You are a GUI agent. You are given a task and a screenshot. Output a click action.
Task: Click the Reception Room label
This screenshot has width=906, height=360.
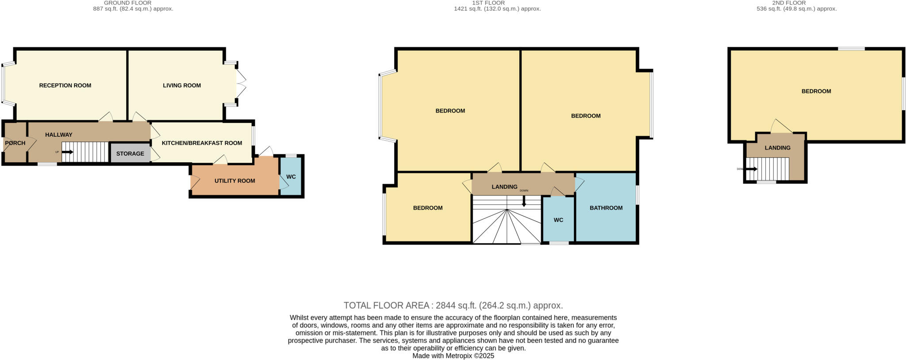[65, 85]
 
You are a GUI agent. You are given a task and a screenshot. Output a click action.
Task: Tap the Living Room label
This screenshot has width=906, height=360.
[181, 85]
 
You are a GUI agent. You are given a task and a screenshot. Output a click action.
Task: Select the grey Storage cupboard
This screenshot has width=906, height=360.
[130, 153]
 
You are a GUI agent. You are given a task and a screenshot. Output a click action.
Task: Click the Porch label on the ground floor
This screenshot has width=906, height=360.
[15, 143]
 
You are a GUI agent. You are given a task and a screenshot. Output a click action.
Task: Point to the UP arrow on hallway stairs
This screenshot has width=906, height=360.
[67, 152]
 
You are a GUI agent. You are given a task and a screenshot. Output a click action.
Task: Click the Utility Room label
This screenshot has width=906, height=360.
[234, 180]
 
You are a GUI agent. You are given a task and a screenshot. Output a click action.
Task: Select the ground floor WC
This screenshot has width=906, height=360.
[291, 176]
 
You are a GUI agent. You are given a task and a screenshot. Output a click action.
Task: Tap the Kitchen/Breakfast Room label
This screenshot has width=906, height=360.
[202, 143]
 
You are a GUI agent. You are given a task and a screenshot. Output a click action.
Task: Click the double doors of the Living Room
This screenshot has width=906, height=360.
[241, 84]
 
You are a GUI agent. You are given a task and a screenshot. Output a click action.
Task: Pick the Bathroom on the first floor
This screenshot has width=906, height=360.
[606, 208]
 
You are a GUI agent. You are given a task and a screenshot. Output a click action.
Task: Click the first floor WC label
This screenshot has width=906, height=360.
[558, 220]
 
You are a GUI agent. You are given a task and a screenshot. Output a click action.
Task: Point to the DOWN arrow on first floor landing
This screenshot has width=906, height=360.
[524, 202]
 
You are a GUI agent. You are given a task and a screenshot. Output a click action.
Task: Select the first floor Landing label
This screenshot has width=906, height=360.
[504, 187]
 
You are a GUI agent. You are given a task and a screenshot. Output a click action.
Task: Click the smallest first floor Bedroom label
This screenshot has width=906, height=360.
[427, 208]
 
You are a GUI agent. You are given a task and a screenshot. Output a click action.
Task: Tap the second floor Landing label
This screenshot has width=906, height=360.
[777, 148]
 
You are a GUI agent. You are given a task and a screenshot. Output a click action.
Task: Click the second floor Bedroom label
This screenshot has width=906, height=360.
[816, 91]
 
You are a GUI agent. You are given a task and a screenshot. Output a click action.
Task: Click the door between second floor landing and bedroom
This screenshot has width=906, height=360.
[781, 127]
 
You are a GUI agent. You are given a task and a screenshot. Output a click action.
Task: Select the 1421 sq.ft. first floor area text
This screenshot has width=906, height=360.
[497, 8]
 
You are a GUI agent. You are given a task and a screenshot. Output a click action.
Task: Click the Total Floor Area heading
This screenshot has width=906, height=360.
[453, 305]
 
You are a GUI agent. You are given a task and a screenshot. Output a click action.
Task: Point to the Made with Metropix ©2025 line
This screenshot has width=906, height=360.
[453, 356]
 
